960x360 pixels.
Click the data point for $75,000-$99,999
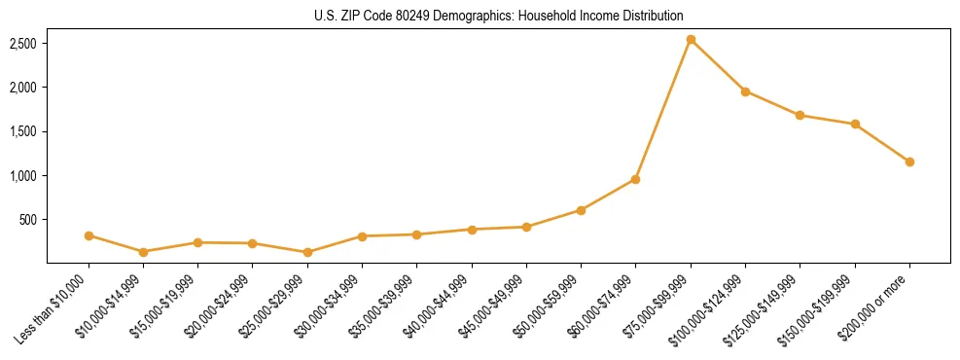(x=691, y=40)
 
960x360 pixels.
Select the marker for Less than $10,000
(x=89, y=235)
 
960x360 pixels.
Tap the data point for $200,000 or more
(x=909, y=162)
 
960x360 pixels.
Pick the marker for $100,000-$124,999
(x=745, y=91)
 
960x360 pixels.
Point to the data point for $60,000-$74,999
(x=635, y=179)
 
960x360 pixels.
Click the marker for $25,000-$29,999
(x=307, y=252)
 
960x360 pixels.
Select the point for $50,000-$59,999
(x=581, y=210)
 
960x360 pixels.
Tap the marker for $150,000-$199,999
(x=855, y=124)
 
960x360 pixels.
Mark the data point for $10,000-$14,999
(x=144, y=252)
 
